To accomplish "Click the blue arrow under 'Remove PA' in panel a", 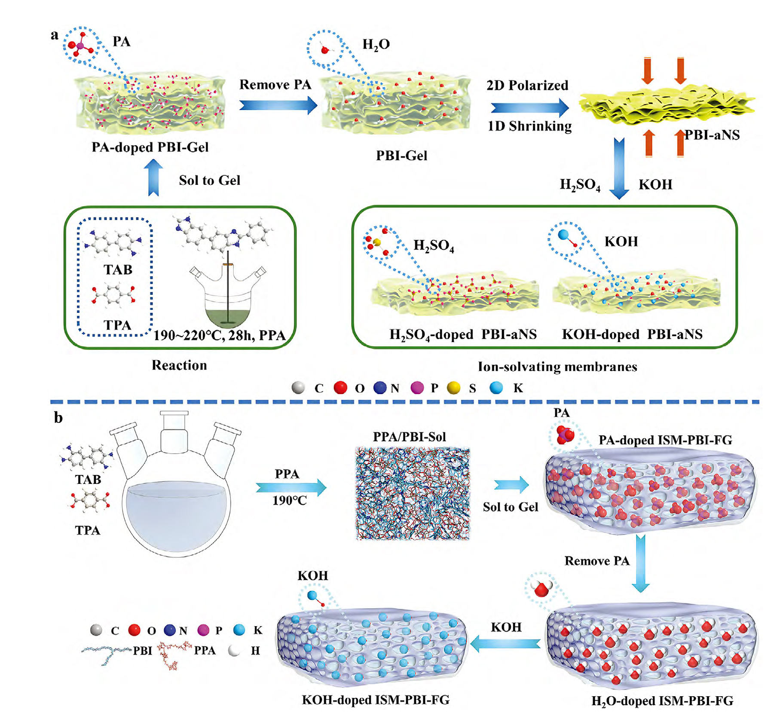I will [x=277, y=105].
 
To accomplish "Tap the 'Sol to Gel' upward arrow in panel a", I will [x=153, y=177].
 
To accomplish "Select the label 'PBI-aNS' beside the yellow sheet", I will [x=712, y=135].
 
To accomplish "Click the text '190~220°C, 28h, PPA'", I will [x=220, y=335].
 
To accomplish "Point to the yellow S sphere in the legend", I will [x=453, y=388].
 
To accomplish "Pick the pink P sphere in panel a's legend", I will [x=417, y=388].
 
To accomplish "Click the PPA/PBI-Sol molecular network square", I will [x=413, y=493].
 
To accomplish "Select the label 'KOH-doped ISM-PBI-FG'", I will [x=376, y=700].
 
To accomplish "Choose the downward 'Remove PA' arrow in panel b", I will [x=641, y=563].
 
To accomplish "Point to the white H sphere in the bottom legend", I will [x=234, y=651].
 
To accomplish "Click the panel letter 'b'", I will [x=58, y=418].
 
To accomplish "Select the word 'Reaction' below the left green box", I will [x=179, y=365].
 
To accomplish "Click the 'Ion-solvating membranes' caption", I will [x=557, y=367].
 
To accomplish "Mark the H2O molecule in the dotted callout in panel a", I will [x=325, y=50].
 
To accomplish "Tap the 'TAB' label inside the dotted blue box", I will [x=118, y=270].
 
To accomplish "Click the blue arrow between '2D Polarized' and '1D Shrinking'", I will [x=529, y=107].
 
